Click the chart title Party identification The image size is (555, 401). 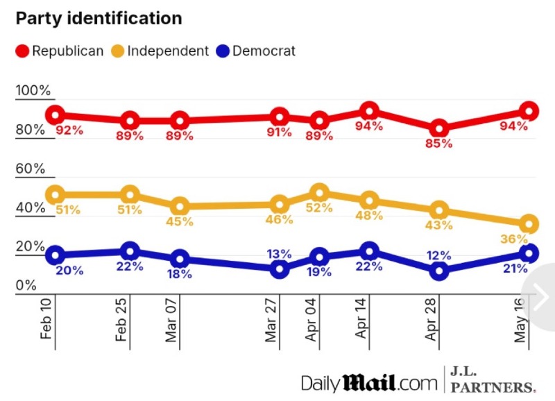click(99, 19)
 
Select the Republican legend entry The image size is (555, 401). click(60, 51)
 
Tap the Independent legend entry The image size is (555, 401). click(159, 51)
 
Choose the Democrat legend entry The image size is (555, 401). click(256, 51)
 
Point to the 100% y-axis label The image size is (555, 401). click(34, 91)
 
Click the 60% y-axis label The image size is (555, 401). click(31, 169)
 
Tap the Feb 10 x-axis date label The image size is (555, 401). click(47, 320)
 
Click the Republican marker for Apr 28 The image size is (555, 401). click(438, 128)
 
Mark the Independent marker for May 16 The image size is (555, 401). click(529, 224)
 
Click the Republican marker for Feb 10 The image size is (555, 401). click(55, 115)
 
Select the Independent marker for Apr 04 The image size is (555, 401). click(319, 193)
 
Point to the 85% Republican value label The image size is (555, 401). click(439, 144)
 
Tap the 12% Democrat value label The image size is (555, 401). click(438, 255)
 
